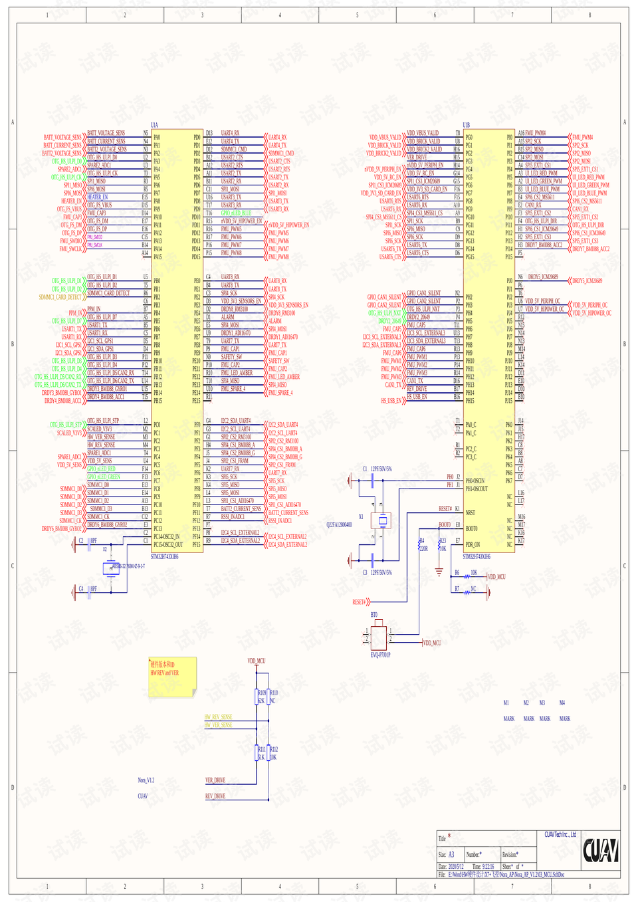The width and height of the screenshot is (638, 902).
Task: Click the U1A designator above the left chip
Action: click(154, 125)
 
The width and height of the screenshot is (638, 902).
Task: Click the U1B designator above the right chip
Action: click(467, 125)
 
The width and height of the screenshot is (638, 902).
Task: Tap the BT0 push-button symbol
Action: click(379, 637)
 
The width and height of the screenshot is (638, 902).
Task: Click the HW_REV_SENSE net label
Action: click(218, 717)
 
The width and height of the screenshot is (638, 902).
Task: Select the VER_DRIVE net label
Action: click(215, 780)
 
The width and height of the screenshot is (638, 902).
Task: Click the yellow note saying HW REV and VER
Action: click(172, 677)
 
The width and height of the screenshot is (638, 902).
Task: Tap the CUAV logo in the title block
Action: click(600, 850)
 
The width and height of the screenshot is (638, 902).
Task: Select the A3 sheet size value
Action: click(451, 855)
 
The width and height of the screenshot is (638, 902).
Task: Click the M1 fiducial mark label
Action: click(506, 703)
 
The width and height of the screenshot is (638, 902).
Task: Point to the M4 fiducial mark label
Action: click(562, 703)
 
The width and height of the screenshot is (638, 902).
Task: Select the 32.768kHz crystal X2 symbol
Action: click(111, 568)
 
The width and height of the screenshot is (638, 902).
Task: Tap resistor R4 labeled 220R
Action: click(421, 545)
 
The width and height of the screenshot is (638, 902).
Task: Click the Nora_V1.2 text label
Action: click(146, 780)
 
